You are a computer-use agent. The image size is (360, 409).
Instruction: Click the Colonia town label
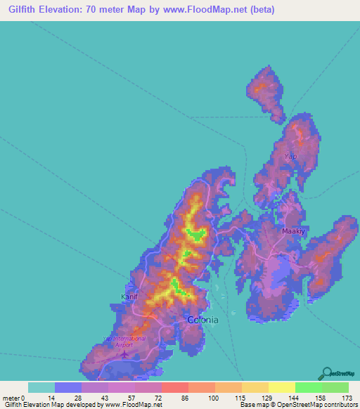202,320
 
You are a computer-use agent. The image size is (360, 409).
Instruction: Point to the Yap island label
290,155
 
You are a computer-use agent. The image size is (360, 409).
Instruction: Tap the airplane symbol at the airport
125,353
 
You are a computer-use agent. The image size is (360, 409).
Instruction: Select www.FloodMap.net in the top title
211,10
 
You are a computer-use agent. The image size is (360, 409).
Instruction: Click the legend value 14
51,398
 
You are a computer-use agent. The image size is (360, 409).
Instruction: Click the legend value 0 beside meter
24,398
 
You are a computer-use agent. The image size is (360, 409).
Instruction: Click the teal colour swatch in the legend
41,387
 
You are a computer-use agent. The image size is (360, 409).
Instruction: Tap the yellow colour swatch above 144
282,387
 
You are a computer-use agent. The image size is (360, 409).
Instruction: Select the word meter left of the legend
11,398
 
